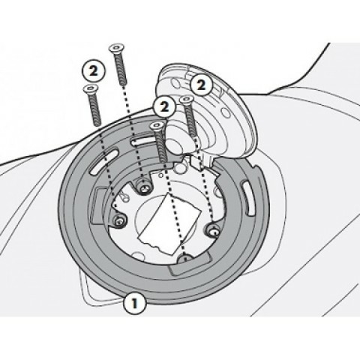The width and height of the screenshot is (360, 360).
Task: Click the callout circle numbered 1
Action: point(134,303)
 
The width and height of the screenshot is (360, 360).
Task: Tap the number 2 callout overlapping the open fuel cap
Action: point(201,85)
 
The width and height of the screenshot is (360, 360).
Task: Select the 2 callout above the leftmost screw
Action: point(94,70)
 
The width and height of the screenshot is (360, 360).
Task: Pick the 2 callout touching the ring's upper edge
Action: point(164,107)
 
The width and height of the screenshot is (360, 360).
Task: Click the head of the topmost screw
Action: point(117,49)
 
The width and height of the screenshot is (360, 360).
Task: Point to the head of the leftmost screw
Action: point(91,89)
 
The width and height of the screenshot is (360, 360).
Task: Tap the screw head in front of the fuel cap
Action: point(187,100)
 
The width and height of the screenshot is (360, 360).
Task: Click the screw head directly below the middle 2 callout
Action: point(157,126)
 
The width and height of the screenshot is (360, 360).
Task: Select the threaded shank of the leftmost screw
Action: point(95,109)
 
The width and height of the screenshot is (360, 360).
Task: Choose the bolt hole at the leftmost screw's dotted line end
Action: point(119,220)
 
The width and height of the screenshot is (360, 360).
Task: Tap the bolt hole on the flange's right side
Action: point(213,232)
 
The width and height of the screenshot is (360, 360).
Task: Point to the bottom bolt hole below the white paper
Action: point(185,258)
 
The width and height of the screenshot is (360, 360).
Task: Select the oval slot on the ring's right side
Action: point(248,198)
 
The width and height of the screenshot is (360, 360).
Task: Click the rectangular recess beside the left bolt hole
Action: point(98,205)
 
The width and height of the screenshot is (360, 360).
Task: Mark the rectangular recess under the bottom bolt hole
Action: point(189,262)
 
